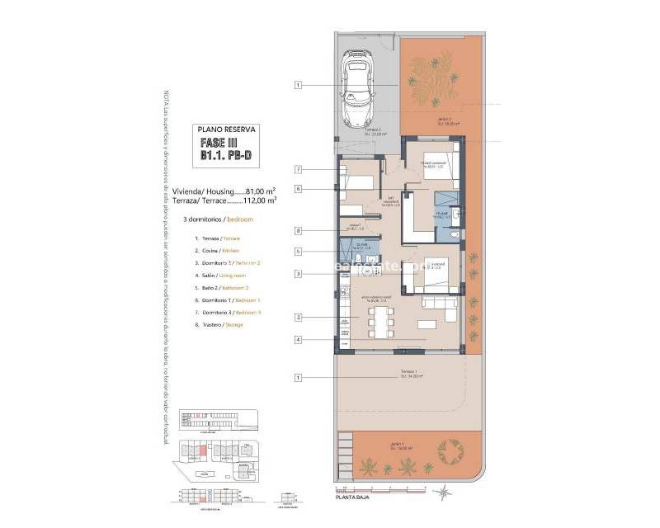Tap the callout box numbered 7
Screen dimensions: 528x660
299,169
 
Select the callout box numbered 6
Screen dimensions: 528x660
299,189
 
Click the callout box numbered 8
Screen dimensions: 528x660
299,231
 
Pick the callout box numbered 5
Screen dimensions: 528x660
299,252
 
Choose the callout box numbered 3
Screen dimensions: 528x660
299,274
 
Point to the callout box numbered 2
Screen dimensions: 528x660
299,317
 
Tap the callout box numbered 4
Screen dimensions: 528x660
299,339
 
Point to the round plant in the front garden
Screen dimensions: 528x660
450,450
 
